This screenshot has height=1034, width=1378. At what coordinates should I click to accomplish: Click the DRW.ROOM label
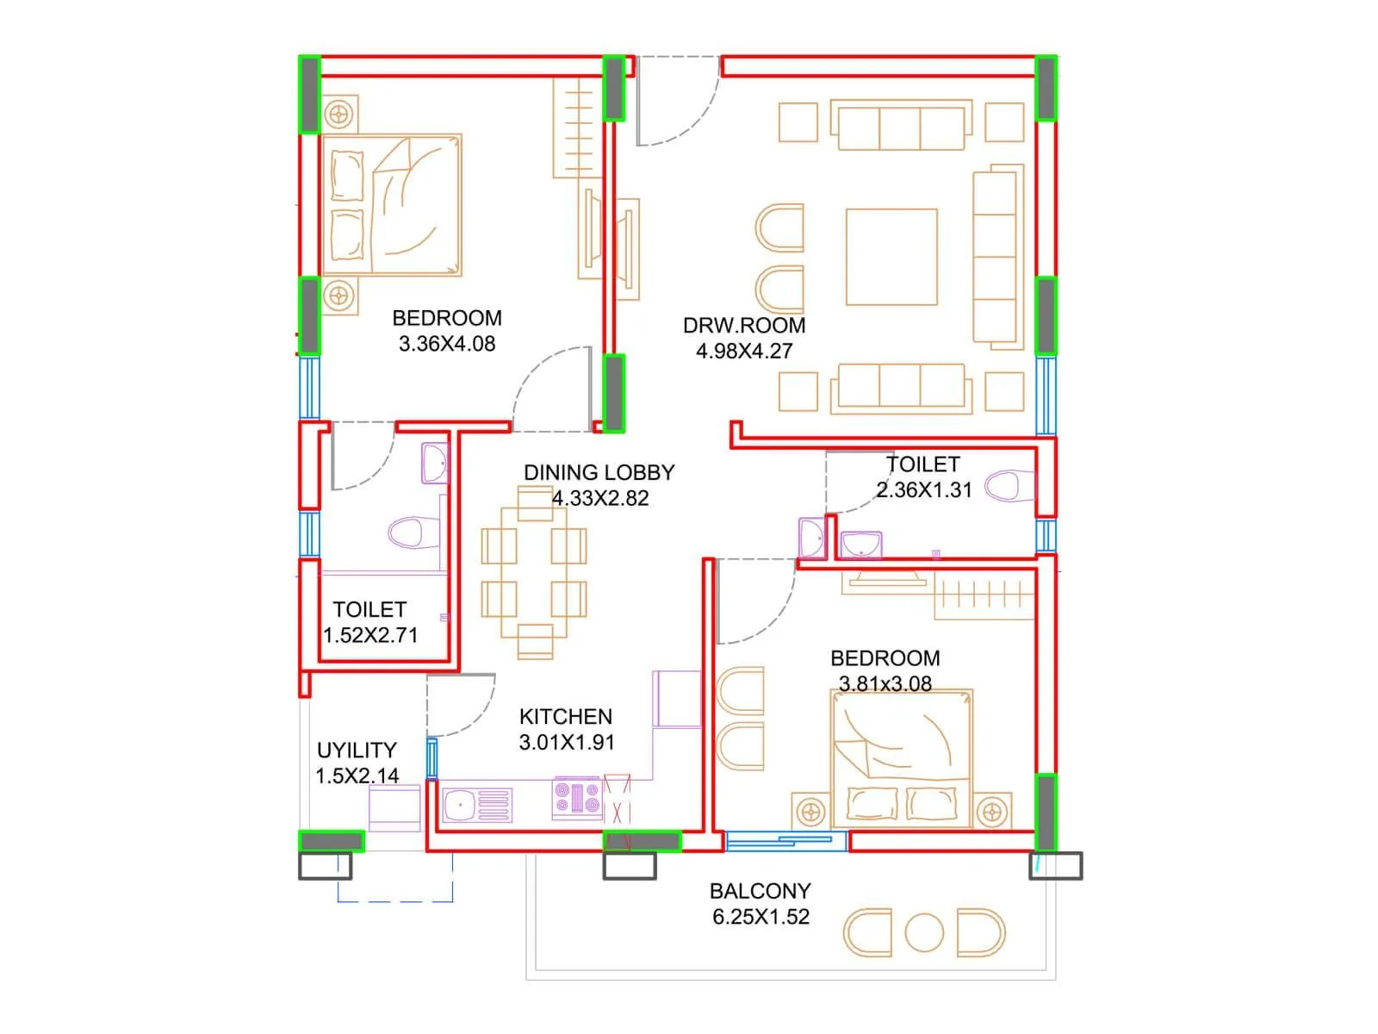(744, 326)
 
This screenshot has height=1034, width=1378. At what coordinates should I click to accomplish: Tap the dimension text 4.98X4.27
(744, 351)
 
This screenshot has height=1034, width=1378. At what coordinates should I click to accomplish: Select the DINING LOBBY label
(599, 472)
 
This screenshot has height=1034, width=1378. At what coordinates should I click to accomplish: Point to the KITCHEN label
(566, 717)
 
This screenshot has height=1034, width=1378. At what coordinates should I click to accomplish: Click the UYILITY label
(357, 751)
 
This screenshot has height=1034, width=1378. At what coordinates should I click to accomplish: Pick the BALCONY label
(760, 891)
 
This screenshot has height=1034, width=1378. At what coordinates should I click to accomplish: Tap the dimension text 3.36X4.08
(447, 344)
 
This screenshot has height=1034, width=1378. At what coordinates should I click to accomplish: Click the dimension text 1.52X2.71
(370, 635)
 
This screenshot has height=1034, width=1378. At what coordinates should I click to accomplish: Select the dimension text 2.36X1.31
(924, 490)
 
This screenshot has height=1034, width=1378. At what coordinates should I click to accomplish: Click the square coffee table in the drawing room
(891, 257)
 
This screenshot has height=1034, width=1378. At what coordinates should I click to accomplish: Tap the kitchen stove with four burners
(577, 799)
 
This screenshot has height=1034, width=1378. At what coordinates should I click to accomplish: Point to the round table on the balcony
(924, 932)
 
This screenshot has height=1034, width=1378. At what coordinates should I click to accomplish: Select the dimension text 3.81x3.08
(885, 684)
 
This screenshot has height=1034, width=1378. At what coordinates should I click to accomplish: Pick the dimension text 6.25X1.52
(760, 917)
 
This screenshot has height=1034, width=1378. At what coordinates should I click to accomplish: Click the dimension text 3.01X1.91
(566, 743)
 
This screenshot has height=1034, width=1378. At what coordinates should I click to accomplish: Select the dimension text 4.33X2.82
(600, 498)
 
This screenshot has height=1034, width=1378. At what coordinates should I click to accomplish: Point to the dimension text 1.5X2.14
(357, 775)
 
